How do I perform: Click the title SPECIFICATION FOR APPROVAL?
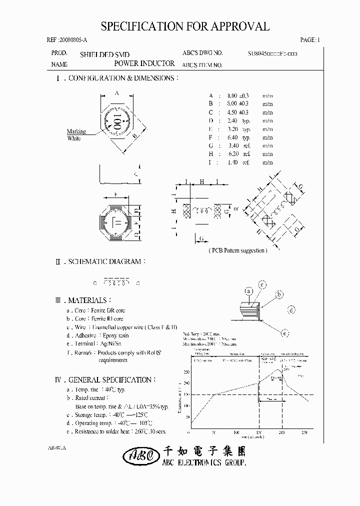point(185,27)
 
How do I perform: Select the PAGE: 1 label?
point(309,40)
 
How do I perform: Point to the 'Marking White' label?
point(76,135)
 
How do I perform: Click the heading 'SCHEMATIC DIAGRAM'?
point(107,261)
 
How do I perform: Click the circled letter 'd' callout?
point(291,310)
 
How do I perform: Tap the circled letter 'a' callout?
point(248,291)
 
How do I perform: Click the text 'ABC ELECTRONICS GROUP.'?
point(205,464)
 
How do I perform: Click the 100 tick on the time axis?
point(236,431)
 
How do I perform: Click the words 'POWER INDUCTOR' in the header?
point(144,63)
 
